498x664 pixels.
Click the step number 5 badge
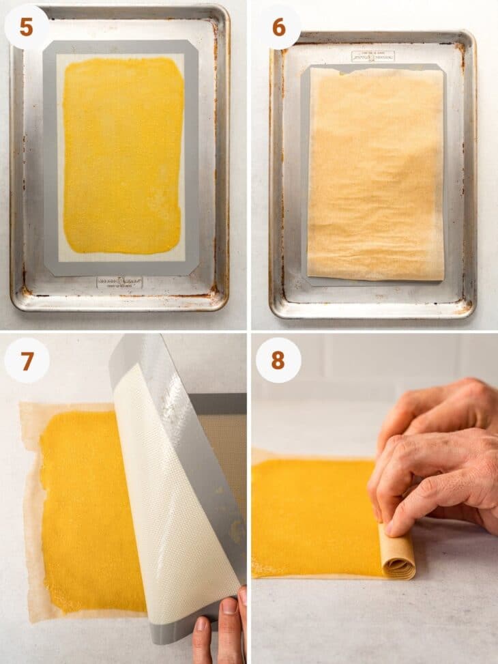(26, 27)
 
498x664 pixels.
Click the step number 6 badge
(278, 27)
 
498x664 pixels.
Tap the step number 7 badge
(27, 360)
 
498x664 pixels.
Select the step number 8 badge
(278, 360)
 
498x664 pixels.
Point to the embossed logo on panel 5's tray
(119, 282)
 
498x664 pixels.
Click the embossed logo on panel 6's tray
(372, 56)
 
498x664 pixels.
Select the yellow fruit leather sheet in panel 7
(82, 505)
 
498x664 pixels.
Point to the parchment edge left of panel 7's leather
(31, 512)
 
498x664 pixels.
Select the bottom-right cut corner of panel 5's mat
(193, 271)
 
